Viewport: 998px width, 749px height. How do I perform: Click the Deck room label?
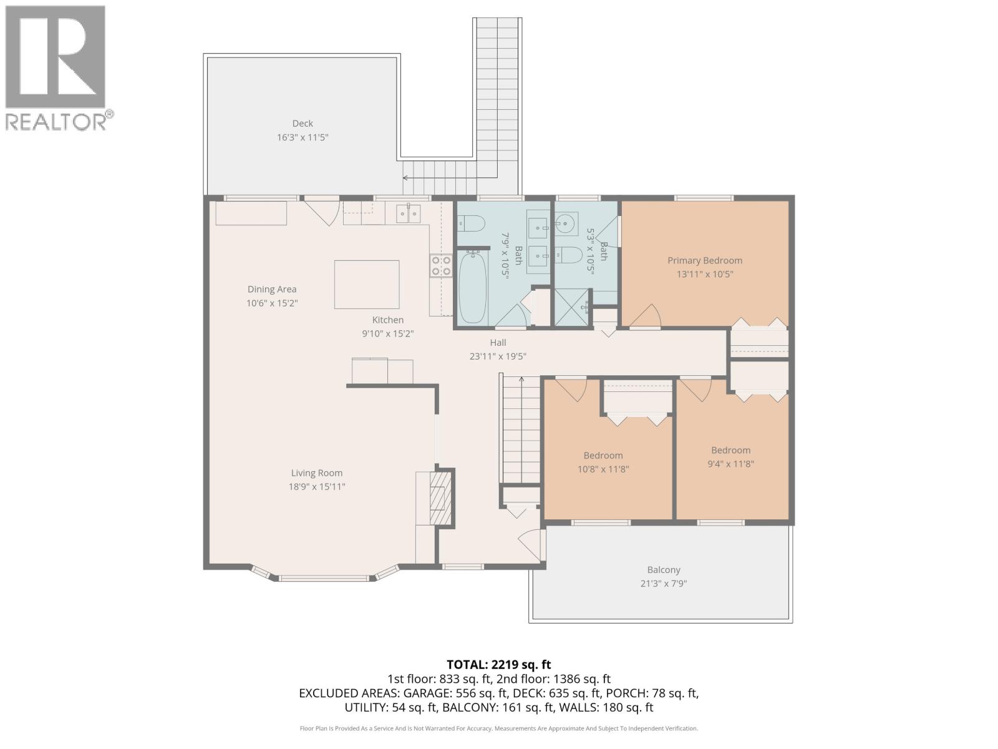[303, 123]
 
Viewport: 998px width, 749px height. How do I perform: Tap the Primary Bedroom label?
[705, 260]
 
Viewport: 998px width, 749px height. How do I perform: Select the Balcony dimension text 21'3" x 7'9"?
[664, 584]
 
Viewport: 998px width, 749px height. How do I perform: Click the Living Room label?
[316, 473]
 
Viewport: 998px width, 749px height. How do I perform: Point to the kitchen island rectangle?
[367, 285]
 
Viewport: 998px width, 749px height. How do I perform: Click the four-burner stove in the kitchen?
[441, 266]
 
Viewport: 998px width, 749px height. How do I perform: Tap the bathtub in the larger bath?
[473, 288]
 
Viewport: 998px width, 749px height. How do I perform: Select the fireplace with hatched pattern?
[440, 499]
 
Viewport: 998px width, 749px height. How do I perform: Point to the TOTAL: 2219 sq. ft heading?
[499, 665]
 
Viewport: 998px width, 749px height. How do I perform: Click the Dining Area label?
[272, 289]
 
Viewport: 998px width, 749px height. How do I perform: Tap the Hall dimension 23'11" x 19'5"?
[498, 356]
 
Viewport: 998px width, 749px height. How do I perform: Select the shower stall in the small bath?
[572, 307]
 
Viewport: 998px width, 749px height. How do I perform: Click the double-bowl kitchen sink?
[409, 213]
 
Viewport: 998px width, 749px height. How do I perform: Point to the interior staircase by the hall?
[521, 430]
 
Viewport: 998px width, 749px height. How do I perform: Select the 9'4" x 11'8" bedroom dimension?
[730, 464]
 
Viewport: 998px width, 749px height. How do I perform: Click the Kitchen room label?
[388, 320]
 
